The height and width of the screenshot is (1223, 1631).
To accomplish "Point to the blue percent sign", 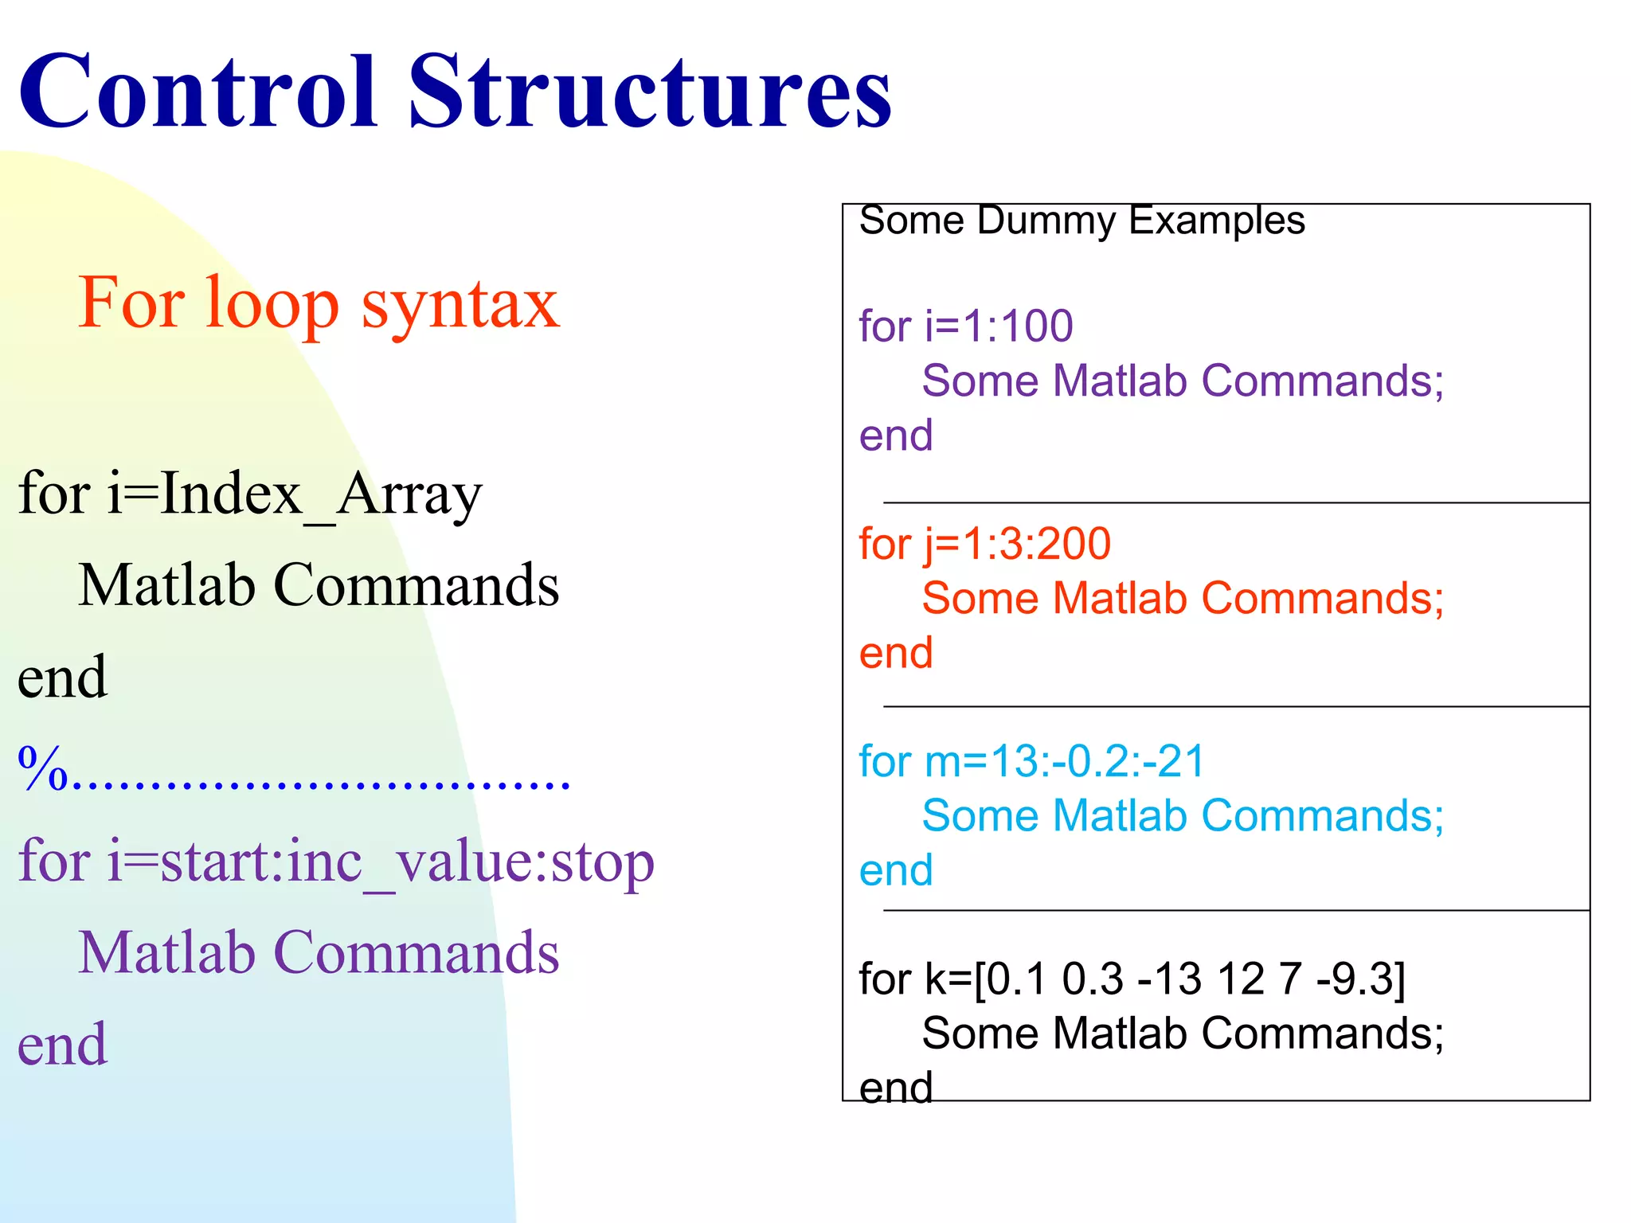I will (x=43, y=770).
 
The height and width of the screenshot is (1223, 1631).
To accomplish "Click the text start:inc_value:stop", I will (x=407, y=862).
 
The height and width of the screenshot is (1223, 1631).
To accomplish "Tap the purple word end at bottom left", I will (x=62, y=1045).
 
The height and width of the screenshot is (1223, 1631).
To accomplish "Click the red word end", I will (x=895, y=654).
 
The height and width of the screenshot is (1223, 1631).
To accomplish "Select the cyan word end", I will (x=895, y=872).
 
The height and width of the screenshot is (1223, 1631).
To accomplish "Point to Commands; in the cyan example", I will (x=1322, y=817).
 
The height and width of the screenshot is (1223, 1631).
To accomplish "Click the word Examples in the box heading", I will (x=1217, y=221).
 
